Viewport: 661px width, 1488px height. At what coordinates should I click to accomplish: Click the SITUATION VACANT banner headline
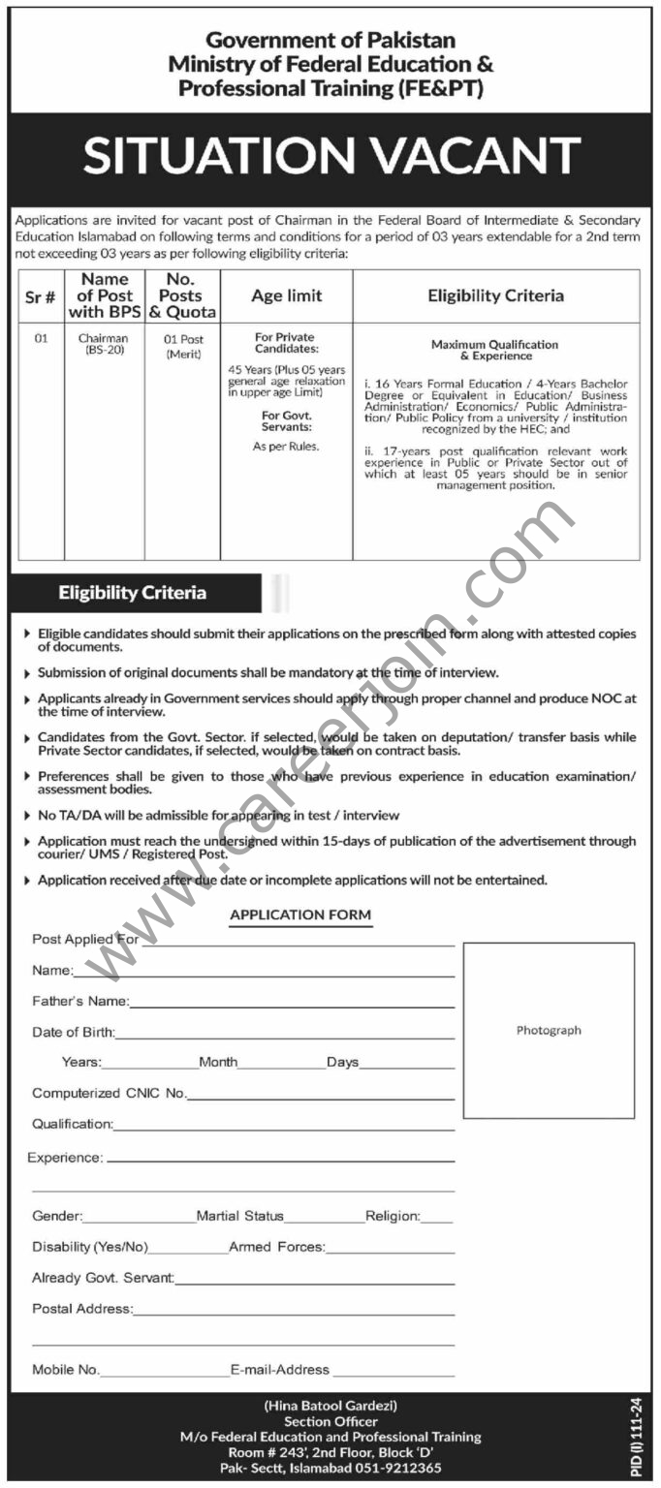pos(330,156)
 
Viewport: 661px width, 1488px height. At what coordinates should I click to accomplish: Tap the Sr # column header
pos(41,295)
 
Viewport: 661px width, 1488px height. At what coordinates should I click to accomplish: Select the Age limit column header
pos(286,295)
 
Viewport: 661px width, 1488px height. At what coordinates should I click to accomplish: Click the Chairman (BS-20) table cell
pos(104,345)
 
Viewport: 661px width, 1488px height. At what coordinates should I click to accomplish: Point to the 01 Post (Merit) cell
pos(182,346)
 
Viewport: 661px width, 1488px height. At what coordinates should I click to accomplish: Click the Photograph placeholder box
pos(549,1030)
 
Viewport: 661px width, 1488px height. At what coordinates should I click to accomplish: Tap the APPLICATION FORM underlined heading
pos(300,914)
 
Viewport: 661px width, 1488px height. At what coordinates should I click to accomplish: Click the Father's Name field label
pos(79,1001)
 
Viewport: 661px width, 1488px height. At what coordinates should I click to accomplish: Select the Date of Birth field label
pos(73,1032)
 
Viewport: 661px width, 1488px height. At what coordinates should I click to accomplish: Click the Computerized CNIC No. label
pos(109,1093)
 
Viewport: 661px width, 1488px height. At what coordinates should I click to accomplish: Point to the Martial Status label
pos(239,1216)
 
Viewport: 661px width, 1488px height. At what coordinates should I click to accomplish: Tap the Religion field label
pos(393,1216)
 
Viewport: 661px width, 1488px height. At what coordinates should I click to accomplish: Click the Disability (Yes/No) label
pos(90,1247)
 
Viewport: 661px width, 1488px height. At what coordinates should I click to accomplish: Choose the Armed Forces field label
pos(276,1247)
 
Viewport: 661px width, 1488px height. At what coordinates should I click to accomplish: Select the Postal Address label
pos(81,1309)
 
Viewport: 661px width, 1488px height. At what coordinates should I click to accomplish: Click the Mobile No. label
pos(66,1370)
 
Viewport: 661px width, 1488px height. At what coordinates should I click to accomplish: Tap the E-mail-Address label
pos(280,1370)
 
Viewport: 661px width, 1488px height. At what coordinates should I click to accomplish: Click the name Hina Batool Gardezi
pos(330,1405)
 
